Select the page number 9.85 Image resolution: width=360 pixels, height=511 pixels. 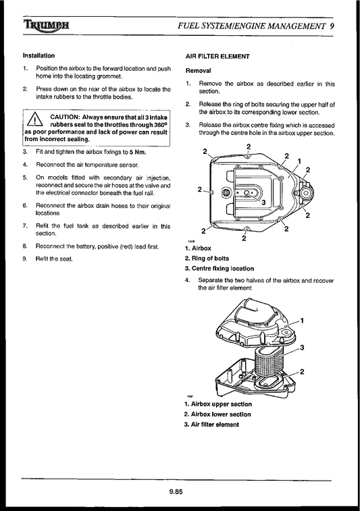pyautogui.click(x=177, y=491)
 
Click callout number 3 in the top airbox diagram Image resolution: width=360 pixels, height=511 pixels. pyautogui.click(x=262, y=201)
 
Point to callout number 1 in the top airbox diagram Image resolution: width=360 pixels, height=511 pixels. pyautogui.click(x=299, y=161)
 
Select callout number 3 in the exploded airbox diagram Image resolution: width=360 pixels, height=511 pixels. pyautogui.click(x=301, y=347)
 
